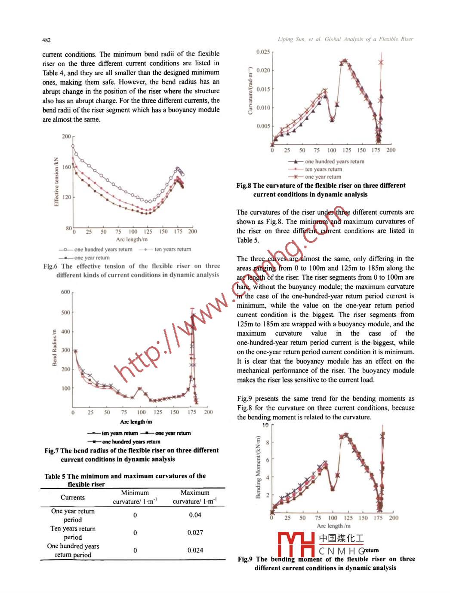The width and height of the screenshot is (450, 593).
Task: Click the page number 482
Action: click(x=46, y=40)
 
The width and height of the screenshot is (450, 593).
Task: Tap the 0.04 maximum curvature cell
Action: click(x=195, y=515)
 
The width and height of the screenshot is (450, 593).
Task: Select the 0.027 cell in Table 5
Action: click(x=195, y=532)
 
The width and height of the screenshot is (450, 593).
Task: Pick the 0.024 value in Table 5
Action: click(x=195, y=550)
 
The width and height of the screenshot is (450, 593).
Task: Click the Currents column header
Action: click(x=73, y=497)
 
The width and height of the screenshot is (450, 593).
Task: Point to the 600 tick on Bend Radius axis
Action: click(x=65, y=292)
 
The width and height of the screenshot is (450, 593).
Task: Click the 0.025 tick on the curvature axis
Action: click(x=263, y=52)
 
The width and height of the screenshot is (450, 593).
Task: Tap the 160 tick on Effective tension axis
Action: click(x=67, y=167)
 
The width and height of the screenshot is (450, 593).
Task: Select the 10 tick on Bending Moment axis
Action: click(x=265, y=425)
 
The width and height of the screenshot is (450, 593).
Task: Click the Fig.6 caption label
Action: click(x=50, y=266)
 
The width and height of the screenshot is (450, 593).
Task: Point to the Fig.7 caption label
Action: click(x=51, y=450)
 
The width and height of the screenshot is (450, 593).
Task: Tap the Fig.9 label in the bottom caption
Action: click(x=245, y=559)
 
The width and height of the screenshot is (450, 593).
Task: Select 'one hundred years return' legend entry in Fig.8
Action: click(x=334, y=162)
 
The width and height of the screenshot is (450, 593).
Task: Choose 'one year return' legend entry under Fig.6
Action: click(x=92, y=258)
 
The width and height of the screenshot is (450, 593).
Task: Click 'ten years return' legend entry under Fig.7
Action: click(x=120, y=433)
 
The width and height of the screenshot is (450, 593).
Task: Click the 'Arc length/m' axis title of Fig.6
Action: click(x=132, y=239)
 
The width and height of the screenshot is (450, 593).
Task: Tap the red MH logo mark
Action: click(x=296, y=544)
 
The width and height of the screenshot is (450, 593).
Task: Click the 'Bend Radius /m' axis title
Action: click(x=55, y=348)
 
